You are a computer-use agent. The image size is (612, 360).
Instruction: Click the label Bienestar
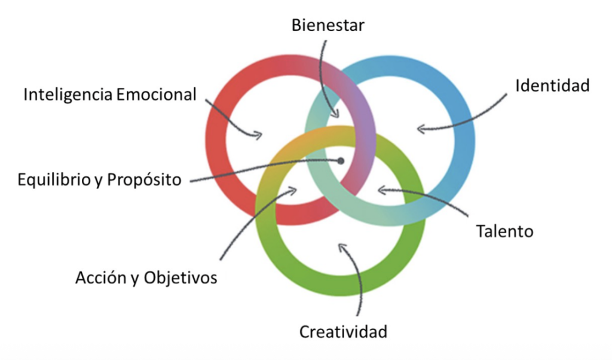pyautogui.click(x=328, y=25)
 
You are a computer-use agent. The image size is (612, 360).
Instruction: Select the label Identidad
pyautogui.click(x=552, y=86)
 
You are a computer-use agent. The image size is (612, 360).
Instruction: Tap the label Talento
pyautogui.click(x=504, y=231)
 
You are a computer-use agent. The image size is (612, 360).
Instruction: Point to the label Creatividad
pyautogui.click(x=343, y=331)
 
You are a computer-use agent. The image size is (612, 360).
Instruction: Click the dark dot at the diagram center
pyautogui.click(x=341, y=160)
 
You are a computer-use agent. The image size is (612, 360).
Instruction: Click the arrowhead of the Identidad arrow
pyautogui.click(x=420, y=128)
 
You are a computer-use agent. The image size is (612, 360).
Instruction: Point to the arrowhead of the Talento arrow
pyautogui.click(x=381, y=191)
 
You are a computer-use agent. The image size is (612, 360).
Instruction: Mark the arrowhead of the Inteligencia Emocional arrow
pyautogui.click(x=258, y=135)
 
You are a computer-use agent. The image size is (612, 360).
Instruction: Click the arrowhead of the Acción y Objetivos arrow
pyautogui.click(x=293, y=191)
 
